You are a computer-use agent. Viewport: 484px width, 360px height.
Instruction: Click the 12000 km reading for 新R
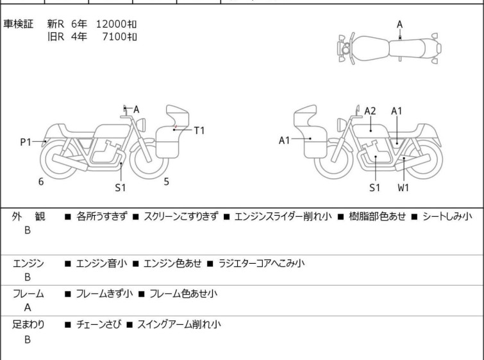click(x=116, y=24)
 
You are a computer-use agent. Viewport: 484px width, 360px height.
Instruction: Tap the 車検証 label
click(x=19, y=24)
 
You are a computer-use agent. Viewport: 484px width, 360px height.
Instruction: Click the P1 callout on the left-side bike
click(x=26, y=142)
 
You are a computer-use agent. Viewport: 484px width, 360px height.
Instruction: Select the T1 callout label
click(x=199, y=130)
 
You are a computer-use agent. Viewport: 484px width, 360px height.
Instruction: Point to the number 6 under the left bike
click(x=41, y=182)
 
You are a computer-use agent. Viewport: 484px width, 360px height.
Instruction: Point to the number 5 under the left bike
click(x=166, y=182)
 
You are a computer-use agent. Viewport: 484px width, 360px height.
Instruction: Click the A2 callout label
click(x=370, y=111)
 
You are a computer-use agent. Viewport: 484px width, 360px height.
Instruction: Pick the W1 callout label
click(x=403, y=188)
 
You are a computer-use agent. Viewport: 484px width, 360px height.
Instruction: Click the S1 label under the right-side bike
click(x=375, y=188)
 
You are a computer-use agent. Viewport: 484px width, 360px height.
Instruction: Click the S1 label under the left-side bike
click(x=121, y=188)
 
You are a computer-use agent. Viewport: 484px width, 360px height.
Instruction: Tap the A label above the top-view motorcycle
click(x=399, y=24)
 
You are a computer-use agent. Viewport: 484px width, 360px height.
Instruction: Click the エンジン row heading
click(x=28, y=263)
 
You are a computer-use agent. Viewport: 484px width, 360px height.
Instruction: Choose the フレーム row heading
click(x=28, y=294)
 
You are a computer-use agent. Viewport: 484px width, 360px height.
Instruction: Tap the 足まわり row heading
click(x=28, y=325)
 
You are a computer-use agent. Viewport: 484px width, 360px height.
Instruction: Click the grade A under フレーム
click(x=28, y=308)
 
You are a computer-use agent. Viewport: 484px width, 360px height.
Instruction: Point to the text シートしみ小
click(x=447, y=217)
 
